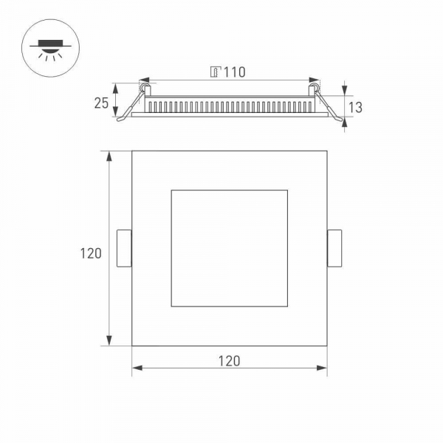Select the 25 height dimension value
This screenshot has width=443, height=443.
[x=101, y=103]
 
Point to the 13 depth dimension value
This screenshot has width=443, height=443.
[x=354, y=107]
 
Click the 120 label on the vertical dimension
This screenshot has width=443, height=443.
[x=91, y=253]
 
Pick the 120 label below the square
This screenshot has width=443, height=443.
[x=229, y=361]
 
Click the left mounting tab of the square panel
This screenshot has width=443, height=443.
[x=124, y=248]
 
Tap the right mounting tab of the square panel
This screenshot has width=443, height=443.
[x=334, y=248]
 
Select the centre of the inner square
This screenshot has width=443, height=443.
[x=229, y=248]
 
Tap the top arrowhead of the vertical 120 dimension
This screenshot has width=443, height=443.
[x=110, y=155]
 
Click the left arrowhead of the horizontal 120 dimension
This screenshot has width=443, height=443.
[x=136, y=367]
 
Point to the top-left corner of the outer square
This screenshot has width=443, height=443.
[x=132, y=151]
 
